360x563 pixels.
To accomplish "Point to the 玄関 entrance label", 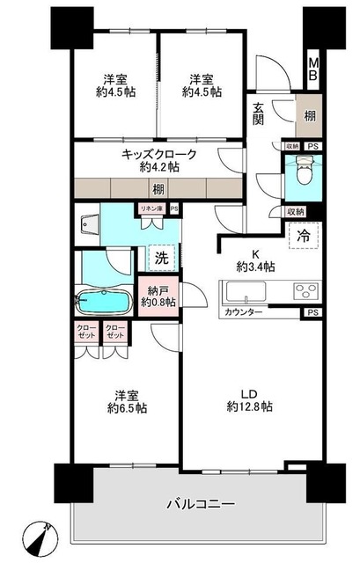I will pyautogui.click(x=259, y=113).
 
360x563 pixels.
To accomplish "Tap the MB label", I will pyautogui.click(x=312, y=69).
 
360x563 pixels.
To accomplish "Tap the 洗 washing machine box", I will pyautogui.click(x=161, y=258).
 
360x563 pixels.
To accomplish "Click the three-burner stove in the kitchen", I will pyautogui.click(x=305, y=292).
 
